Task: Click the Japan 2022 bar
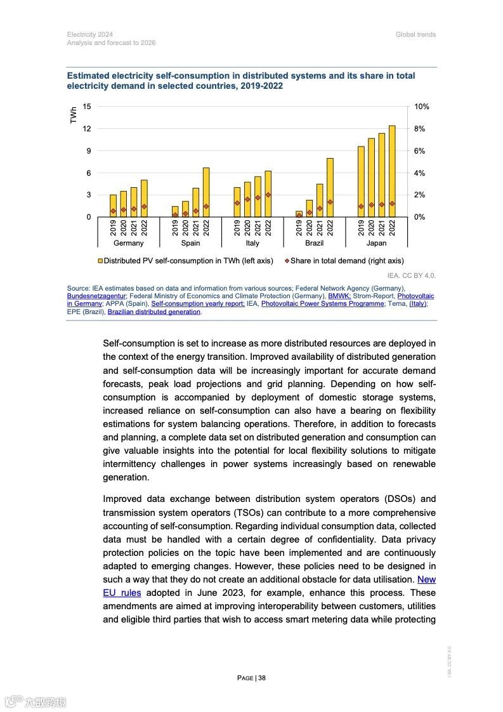[x=392, y=171]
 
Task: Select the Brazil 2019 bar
[x=299, y=214]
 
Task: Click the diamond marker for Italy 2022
[x=268, y=195]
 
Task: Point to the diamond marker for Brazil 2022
[x=330, y=202]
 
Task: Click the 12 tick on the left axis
[x=87, y=129]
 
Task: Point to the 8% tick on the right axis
[x=419, y=129]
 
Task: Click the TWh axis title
[x=74, y=115]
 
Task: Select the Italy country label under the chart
[x=252, y=243]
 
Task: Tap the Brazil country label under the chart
[x=315, y=243]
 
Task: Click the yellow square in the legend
[x=100, y=261]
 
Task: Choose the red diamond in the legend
[x=286, y=261]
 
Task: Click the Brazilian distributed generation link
[x=154, y=312]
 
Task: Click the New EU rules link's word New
[x=426, y=579]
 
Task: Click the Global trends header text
[x=415, y=34]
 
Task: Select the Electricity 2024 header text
[x=90, y=34]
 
